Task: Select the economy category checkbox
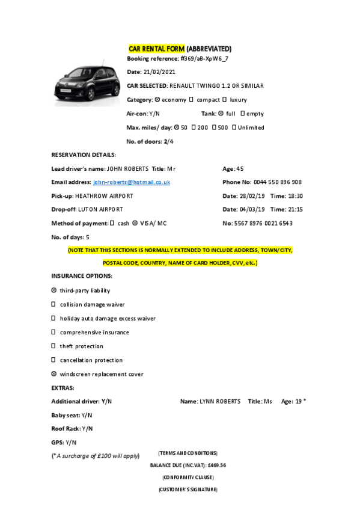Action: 157,100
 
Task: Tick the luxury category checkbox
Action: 224,100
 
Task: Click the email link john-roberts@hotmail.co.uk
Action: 132,182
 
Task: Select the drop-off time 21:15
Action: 294,209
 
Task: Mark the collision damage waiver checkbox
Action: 54,304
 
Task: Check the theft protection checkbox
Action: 54,346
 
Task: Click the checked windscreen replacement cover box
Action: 54,374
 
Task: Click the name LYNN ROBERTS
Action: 220,401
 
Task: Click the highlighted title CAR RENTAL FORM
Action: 157,48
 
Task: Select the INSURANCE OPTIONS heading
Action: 82,276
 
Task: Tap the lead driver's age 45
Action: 240,168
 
